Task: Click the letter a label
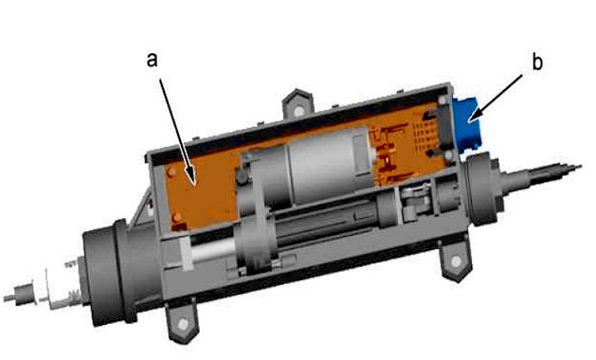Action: click(x=152, y=61)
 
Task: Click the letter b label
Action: click(x=537, y=62)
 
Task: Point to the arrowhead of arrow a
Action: click(x=194, y=180)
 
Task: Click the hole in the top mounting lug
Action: click(x=299, y=111)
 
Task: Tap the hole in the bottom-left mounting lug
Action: click(x=183, y=324)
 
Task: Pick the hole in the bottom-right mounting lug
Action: click(x=456, y=261)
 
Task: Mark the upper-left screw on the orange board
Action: click(x=172, y=171)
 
